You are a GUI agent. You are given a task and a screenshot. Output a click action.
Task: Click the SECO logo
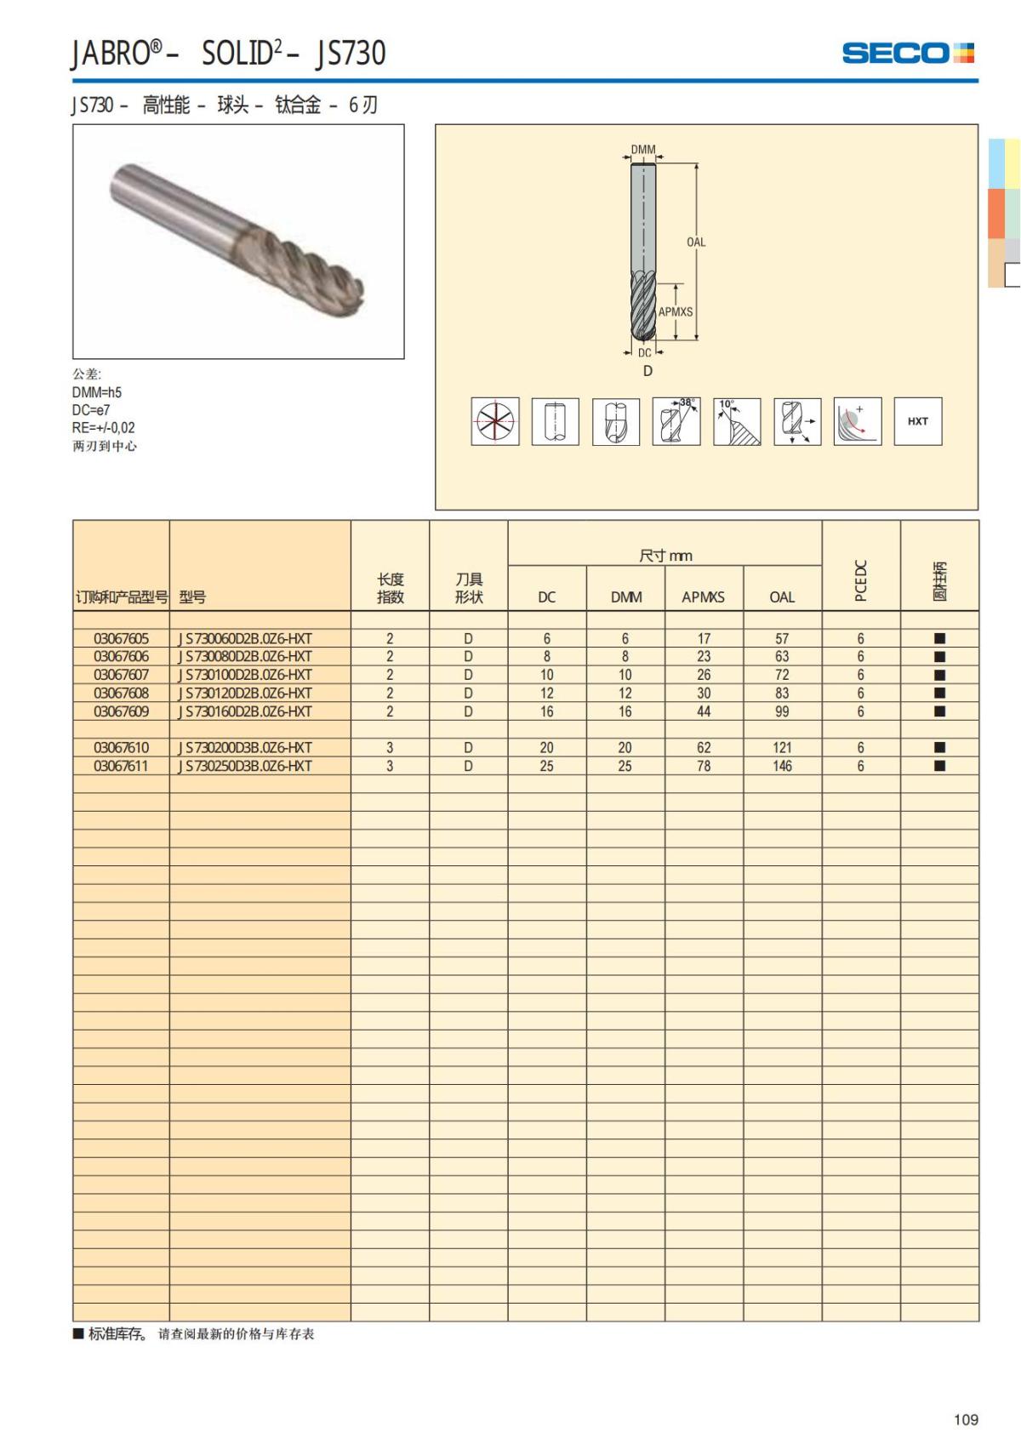(907, 53)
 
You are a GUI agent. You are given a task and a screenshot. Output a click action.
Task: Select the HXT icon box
(917, 421)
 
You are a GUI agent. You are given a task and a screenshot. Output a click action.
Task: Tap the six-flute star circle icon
(495, 421)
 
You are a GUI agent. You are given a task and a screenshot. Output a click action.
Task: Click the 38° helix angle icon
(676, 421)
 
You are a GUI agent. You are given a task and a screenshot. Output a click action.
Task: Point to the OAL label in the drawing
(696, 243)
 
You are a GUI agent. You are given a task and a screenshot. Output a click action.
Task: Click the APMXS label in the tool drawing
(676, 312)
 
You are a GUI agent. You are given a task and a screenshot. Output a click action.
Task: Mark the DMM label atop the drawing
(643, 150)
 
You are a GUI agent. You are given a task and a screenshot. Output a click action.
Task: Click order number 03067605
(121, 638)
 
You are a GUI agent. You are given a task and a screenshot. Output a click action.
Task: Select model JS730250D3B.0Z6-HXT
(245, 766)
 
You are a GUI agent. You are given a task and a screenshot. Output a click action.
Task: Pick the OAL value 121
(782, 748)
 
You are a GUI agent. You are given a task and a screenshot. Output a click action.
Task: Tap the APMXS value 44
(704, 711)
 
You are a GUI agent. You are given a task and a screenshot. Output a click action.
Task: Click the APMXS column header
(703, 597)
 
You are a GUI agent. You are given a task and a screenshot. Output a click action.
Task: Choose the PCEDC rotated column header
(860, 580)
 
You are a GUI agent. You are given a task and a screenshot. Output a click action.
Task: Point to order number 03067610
(121, 748)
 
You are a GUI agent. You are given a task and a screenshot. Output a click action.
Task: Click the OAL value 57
(782, 638)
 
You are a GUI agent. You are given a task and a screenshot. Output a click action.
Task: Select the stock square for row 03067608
(939, 693)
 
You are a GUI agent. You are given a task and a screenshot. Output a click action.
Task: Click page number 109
(966, 1419)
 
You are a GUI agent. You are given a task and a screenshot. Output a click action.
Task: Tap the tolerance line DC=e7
(91, 410)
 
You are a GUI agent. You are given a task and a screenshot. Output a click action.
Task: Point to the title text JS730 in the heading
(351, 54)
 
